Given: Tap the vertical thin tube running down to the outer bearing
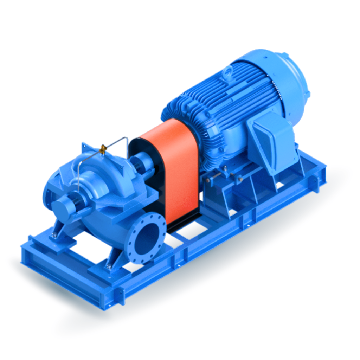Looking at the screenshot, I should click(x=78, y=176).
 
